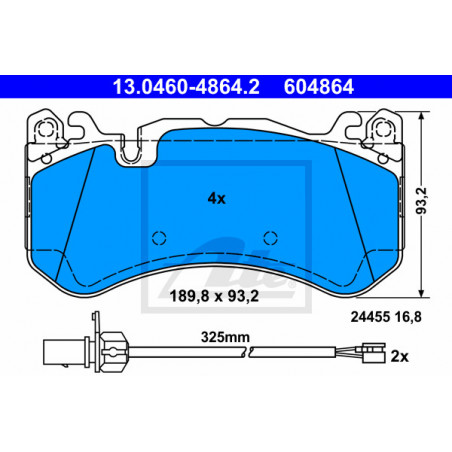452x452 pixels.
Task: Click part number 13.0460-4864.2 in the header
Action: coord(186,87)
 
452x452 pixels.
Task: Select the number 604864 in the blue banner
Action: coord(319,87)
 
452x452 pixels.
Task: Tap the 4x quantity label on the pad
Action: coord(217,199)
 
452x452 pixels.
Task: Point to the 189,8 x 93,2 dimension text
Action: coord(214,296)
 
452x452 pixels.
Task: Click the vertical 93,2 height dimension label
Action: coord(422,201)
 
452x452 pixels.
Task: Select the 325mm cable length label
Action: coord(225,337)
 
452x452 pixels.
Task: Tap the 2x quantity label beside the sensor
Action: coord(399,357)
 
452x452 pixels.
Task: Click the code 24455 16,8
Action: coord(386,317)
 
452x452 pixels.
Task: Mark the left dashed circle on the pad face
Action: coord(159,238)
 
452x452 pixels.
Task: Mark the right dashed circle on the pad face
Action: coord(270,238)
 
